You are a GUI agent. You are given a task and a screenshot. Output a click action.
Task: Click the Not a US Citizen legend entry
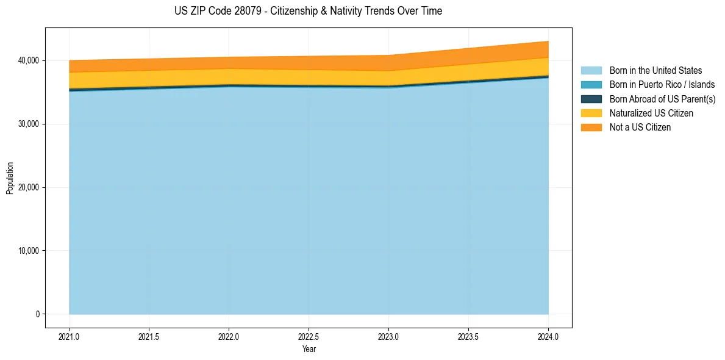click(640, 127)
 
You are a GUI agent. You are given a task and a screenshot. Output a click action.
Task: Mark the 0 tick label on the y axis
click(37, 314)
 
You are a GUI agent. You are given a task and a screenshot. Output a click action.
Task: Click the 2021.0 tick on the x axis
click(70, 336)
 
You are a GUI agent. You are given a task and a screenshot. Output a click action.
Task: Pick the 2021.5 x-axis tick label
click(149, 336)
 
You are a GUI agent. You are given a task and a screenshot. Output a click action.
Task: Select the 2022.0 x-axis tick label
click(229, 336)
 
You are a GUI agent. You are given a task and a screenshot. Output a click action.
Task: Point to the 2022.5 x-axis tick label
click(309, 336)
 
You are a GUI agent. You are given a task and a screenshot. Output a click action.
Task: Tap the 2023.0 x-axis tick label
click(388, 336)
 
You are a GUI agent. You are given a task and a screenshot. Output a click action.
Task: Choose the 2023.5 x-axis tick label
click(468, 336)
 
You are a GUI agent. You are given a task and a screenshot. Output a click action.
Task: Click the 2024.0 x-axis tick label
click(548, 336)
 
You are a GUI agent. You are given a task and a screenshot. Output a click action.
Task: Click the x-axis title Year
click(309, 350)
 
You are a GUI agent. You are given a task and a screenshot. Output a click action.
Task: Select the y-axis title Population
click(10, 178)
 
